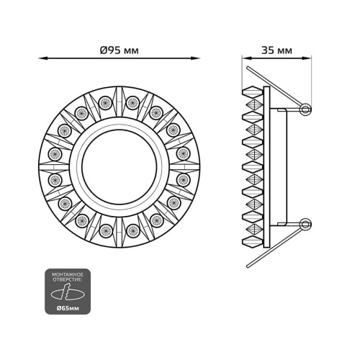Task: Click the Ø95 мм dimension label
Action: (120, 50)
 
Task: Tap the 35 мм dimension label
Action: (277, 50)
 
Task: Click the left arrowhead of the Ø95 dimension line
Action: (41, 58)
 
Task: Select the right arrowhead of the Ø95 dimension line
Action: (197, 58)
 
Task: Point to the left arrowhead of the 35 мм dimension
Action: (243, 58)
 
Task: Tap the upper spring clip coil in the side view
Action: (307, 109)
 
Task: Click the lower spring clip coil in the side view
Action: (307, 224)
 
